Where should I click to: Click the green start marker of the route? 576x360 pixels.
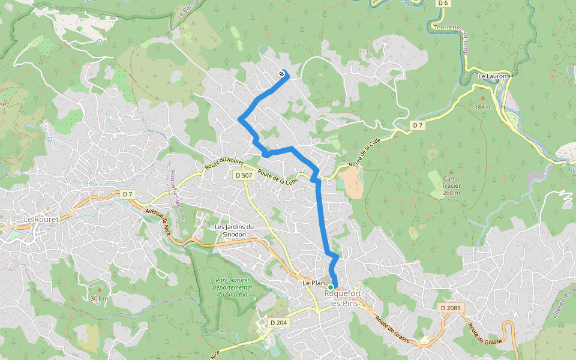click(331, 287)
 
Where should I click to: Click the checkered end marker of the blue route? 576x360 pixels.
click(281, 74)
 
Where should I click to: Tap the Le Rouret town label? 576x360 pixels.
click(41, 220)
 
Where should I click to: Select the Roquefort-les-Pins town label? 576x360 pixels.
click(344, 299)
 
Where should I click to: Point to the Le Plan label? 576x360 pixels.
click(314, 283)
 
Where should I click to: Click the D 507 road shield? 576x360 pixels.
click(243, 175)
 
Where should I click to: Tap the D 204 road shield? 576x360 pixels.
click(279, 323)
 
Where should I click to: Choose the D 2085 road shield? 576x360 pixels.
click(450, 308)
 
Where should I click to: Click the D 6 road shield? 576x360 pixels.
click(443, 3)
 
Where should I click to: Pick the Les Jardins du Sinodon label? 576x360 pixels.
click(235, 230)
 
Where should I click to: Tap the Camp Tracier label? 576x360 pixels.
click(452, 185)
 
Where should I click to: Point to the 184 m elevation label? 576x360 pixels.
click(483, 107)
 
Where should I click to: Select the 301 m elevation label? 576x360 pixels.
click(100, 298)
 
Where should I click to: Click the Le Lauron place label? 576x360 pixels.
click(493, 76)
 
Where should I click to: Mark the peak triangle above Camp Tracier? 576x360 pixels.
click(452, 171)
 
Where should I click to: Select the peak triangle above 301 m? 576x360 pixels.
click(100, 289)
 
